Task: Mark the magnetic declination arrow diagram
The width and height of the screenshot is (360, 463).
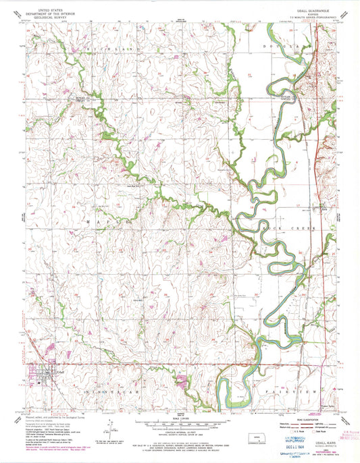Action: point(109,427)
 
